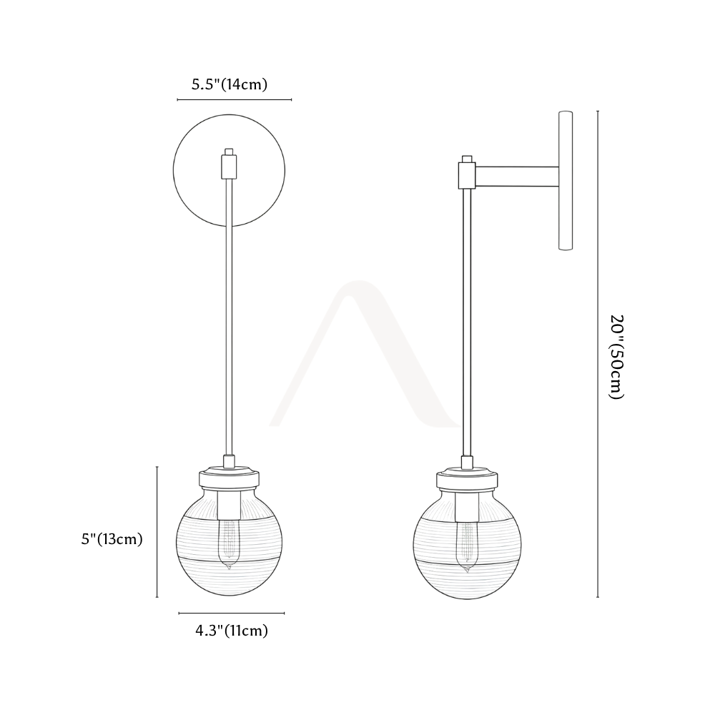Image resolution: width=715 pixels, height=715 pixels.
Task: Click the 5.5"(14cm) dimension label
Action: coord(229,84)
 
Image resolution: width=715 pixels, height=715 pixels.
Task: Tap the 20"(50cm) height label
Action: coord(616,357)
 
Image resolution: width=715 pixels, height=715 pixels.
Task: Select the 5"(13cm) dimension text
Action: coord(112,539)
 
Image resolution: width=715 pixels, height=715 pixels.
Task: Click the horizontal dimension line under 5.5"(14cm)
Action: coord(235,99)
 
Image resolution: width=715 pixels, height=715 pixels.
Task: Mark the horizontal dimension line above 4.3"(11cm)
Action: coord(231,613)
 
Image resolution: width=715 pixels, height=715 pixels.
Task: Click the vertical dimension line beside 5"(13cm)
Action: coord(157,532)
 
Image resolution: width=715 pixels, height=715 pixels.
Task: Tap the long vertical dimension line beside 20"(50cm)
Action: coord(598,354)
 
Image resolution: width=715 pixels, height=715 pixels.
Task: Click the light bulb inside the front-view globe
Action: coord(229,544)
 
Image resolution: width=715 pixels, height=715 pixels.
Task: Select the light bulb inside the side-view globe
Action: coord(466,546)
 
